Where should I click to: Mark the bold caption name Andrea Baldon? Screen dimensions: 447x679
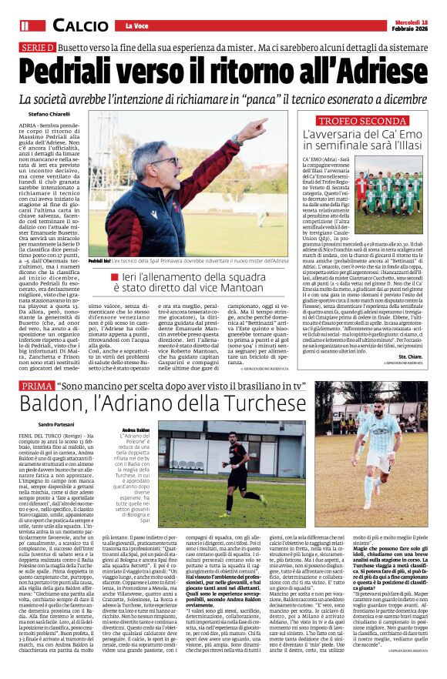point(136,430)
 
